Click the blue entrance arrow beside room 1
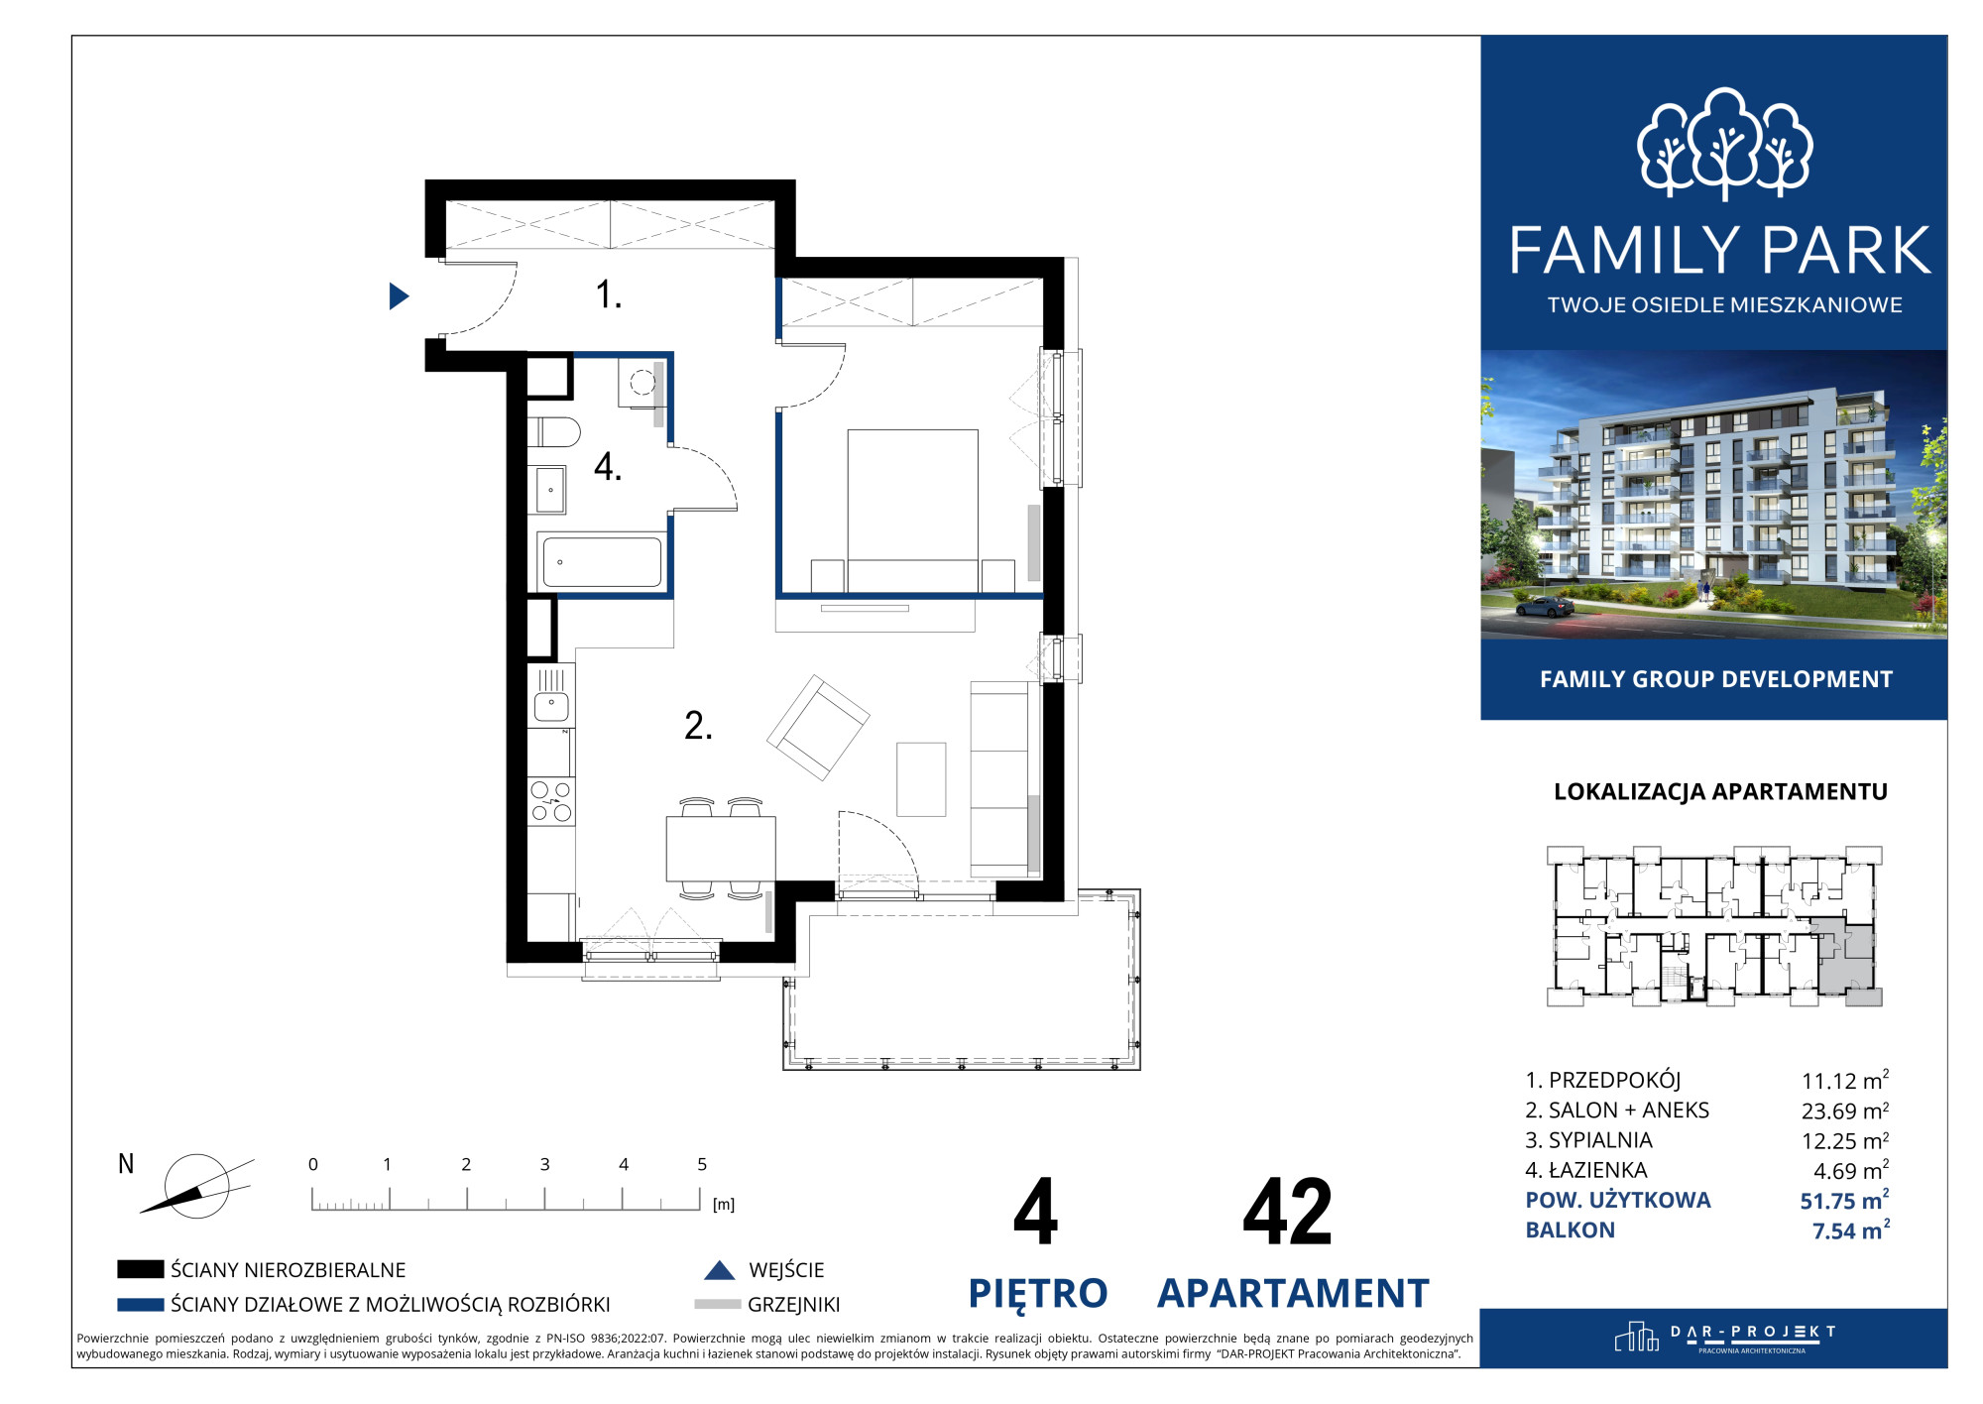click(399, 295)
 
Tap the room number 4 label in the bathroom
click(607, 466)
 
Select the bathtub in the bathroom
click(600, 561)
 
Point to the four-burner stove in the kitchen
click(550, 802)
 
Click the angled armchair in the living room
click(818, 727)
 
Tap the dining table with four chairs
click(721, 849)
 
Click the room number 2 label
click(698, 726)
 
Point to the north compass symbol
click(196, 1186)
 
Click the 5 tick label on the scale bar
click(702, 1164)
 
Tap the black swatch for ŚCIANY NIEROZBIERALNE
click(140, 1269)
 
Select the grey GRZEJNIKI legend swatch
click(718, 1304)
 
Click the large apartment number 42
click(1287, 1212)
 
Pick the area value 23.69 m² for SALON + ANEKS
click(1845, 1111)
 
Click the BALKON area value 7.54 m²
click(1851, 1230)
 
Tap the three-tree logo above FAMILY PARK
click(1724, 144)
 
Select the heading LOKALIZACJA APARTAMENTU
click(1720, 791)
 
